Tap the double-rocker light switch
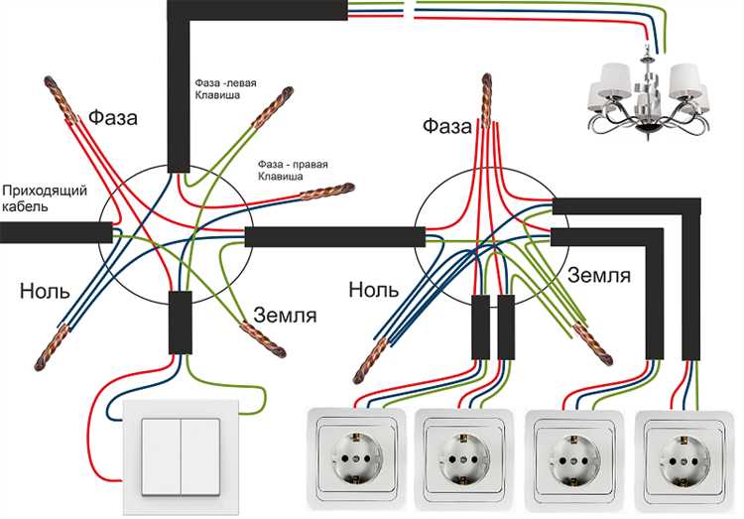pyautogui.click(x=181, y=455)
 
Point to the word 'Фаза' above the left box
pyautogui.click(x=113, y=119)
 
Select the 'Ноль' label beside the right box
pyautogui.click(x=374, y=290)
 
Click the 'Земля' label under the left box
pyautogui.click(x=285, y=316)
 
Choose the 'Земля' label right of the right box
pyautogui.click(x=599, y=274)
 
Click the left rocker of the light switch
pyautogui.click(x=162, y=455)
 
